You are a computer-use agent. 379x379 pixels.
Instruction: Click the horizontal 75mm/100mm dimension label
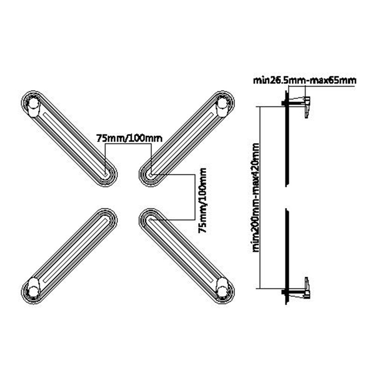coord(129,138)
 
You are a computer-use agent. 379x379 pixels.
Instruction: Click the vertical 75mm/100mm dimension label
coord(202,200)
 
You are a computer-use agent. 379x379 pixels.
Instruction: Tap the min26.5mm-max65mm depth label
coord(305,80)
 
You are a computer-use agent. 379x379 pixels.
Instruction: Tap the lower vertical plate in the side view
coord(287,257)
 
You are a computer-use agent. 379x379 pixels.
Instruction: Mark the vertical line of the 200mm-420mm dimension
coord(260,198)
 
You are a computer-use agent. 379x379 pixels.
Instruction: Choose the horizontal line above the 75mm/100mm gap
coord(128,144)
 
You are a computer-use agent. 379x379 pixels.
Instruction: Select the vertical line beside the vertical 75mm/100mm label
coord(195,197)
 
